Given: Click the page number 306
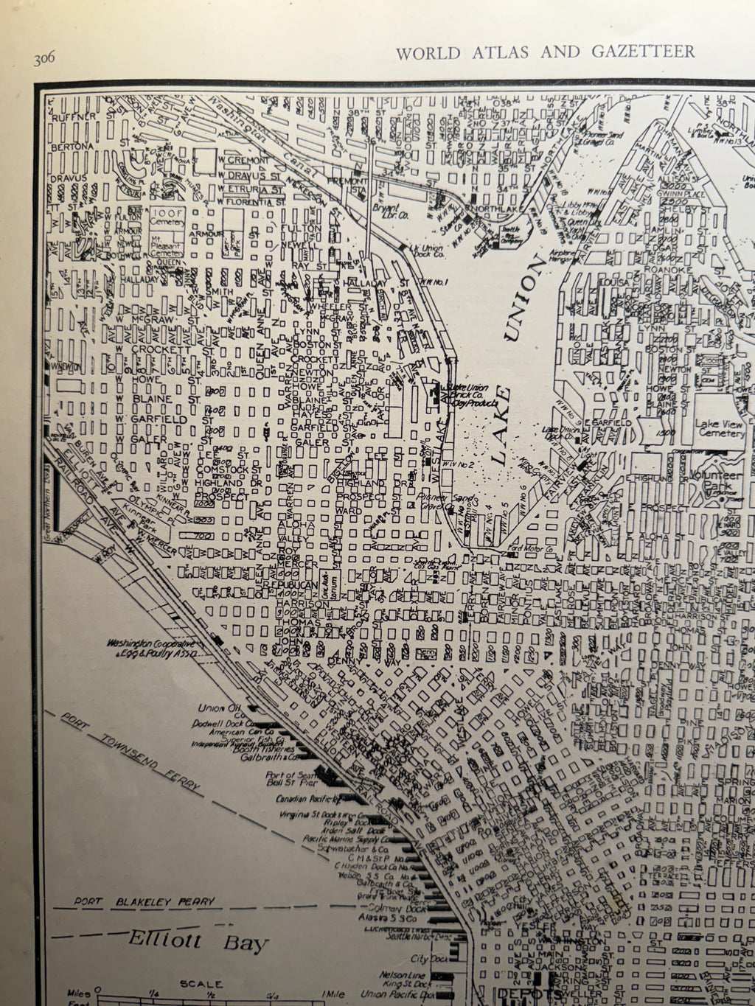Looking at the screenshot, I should pos(45,60).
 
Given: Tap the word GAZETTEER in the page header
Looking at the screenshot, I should pos(644,52).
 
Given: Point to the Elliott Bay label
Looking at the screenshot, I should pos(198,942).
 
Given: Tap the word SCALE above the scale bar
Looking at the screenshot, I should pos(200,984).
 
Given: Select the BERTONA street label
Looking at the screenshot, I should pos(72,147).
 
